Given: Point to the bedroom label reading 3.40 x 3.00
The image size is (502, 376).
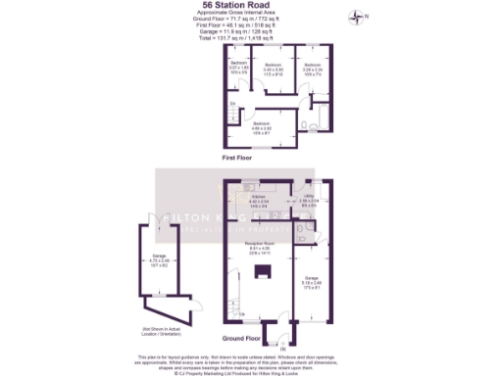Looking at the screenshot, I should click(274, 70).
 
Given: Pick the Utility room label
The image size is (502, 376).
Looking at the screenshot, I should click(307, 201).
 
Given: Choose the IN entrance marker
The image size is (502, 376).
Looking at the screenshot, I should click(282, 348).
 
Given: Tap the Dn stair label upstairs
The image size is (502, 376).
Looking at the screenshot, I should click(233, 103).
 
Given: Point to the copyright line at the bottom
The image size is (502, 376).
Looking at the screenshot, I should click(251, 372).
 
